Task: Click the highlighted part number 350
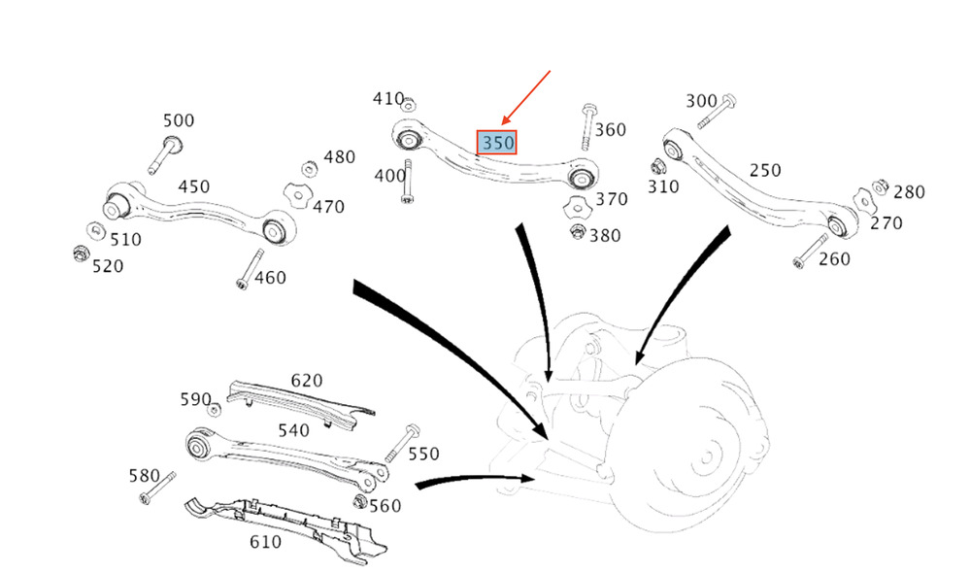(497, 143)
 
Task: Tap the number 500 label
(178, 120)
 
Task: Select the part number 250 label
(764, 170)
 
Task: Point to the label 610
(265, 542)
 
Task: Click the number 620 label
(306, 381)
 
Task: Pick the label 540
(293, 429)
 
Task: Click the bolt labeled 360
(589, 127)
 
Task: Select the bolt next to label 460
(250, 268)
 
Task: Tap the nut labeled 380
(577, 232)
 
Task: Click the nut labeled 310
(657, 164)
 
